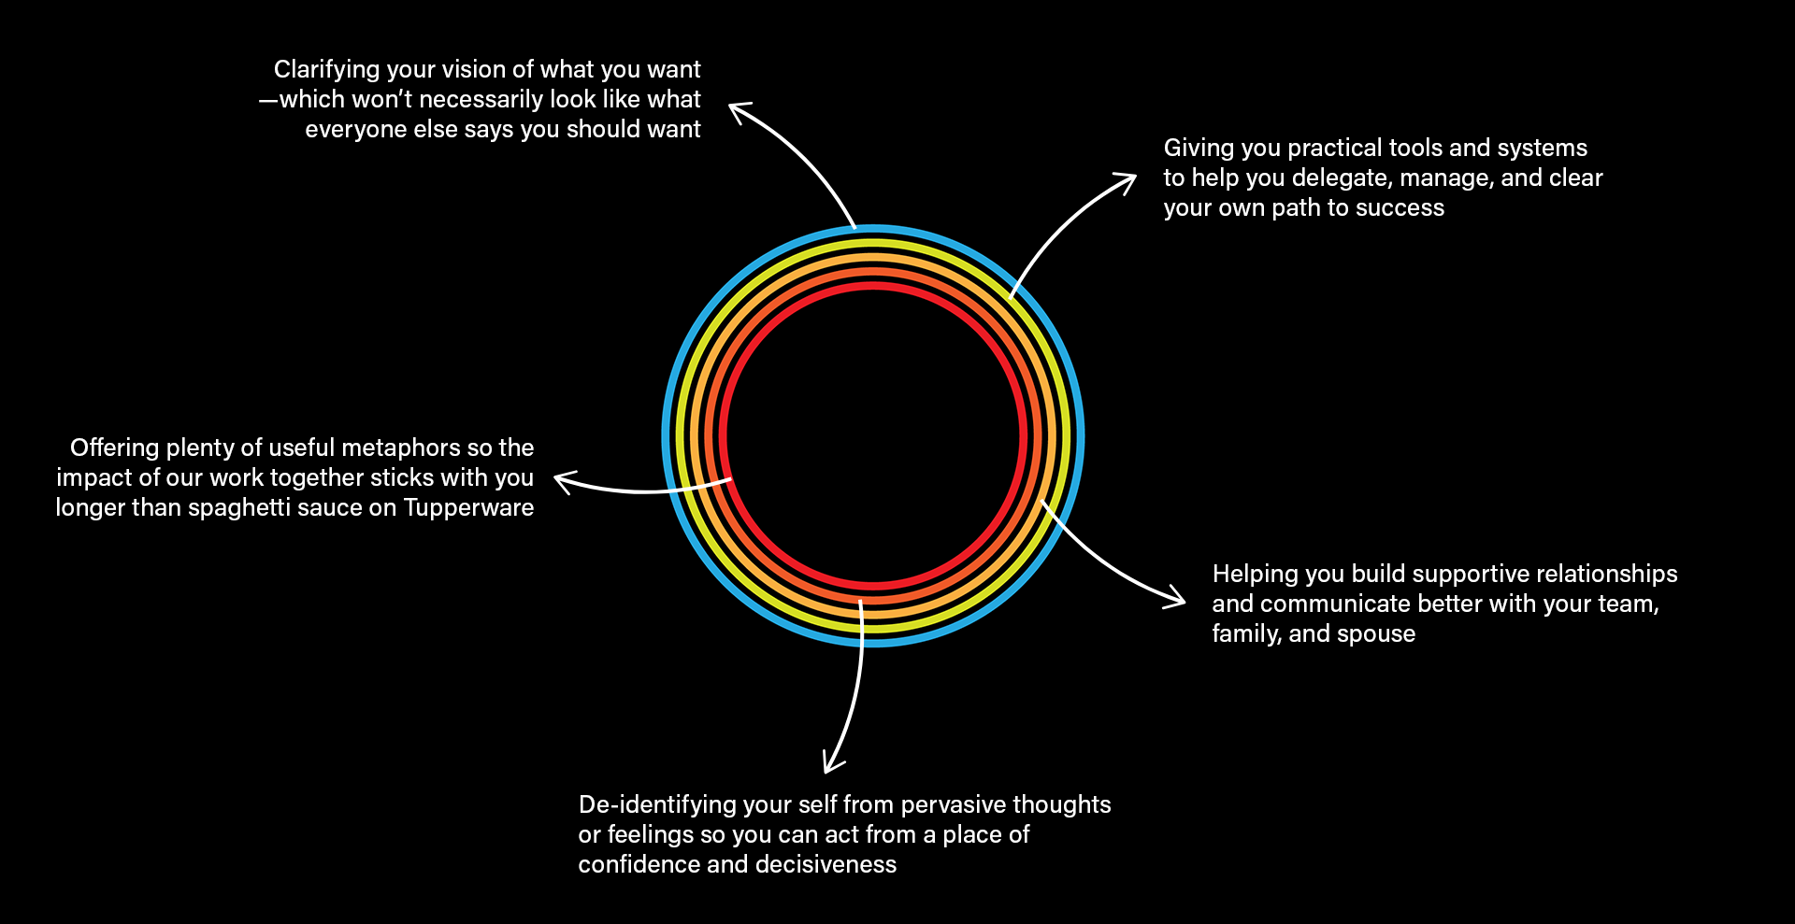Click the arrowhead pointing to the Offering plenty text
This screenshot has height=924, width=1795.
tap(561, 481)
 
